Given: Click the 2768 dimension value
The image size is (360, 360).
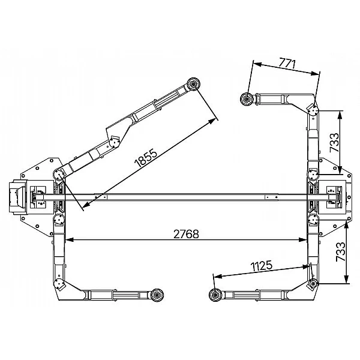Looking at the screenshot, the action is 186,234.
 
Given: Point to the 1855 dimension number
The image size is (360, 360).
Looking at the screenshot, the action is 146,158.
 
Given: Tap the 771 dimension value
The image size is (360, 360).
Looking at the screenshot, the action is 287,63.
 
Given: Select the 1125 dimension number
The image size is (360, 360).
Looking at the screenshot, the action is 261,266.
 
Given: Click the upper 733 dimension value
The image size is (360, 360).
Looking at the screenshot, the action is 334,142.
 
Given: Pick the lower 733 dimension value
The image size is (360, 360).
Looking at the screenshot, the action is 340,252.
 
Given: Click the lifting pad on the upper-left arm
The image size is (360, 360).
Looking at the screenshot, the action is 193,84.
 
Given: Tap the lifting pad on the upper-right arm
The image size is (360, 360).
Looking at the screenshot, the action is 247,100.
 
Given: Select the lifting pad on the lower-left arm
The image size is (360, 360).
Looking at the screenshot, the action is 157,295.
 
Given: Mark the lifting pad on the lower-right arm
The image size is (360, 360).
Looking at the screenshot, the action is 215,295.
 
